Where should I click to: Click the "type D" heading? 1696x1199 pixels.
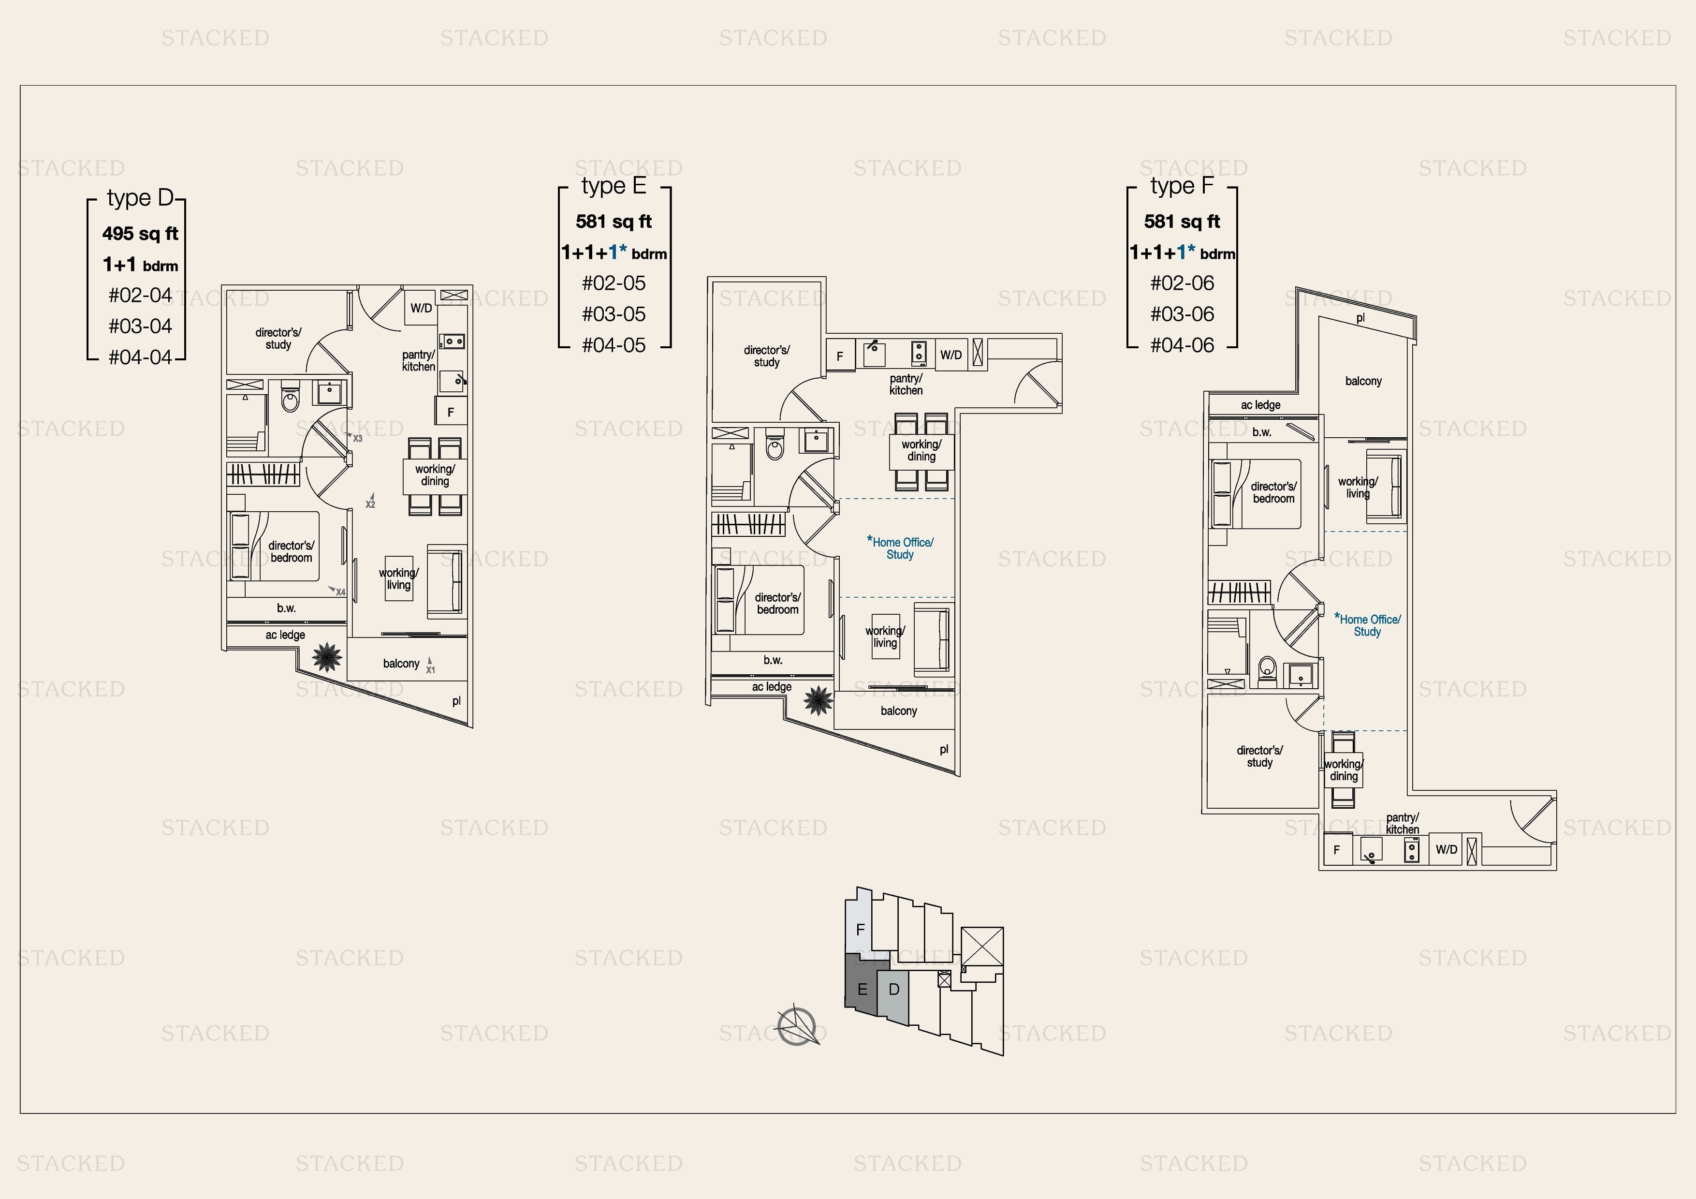[140, 198]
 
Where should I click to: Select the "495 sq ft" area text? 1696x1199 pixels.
[140, 234]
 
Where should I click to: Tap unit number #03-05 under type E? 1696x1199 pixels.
[614, 314]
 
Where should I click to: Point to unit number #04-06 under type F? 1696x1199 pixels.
[1182, 345]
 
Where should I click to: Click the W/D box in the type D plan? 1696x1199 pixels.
[421, 308]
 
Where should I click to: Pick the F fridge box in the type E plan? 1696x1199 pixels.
[840, 356]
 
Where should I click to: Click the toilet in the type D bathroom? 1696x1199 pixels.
[290, 399]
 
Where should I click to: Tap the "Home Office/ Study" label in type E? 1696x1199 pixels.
[900, 548]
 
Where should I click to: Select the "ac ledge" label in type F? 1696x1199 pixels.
[1260, 405]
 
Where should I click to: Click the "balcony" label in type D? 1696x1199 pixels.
[401, 664]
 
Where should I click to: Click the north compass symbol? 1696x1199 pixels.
[797, 1026]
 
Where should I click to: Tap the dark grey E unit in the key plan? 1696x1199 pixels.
[862, 986]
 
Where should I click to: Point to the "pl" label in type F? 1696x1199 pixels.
[1360, 318]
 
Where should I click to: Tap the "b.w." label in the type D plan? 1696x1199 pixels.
[287, 608]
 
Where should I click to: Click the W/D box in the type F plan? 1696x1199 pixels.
[1447, 850]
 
